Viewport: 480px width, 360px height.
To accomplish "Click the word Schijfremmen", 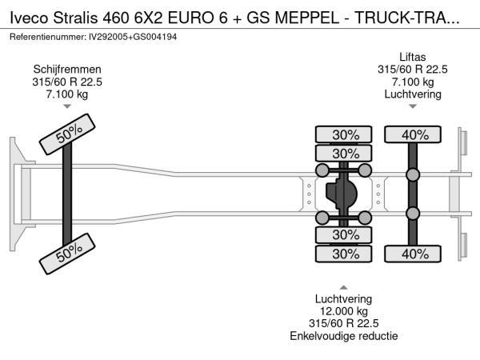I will [67, 69].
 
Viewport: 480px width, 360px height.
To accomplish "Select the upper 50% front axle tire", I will [63, 138].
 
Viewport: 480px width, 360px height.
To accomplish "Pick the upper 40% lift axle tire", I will [414, 134].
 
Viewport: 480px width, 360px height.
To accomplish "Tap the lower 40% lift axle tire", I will [414, 254].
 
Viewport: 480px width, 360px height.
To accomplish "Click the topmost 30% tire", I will [345, 134].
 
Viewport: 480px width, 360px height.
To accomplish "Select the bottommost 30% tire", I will [345, 254].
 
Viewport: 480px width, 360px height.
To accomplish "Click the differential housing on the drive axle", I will [343, 193].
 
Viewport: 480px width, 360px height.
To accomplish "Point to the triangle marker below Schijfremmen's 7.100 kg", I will [67, 106].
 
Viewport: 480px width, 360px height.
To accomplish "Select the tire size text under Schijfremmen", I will [67, 81].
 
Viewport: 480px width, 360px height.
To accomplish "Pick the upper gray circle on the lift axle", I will [413, 175].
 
